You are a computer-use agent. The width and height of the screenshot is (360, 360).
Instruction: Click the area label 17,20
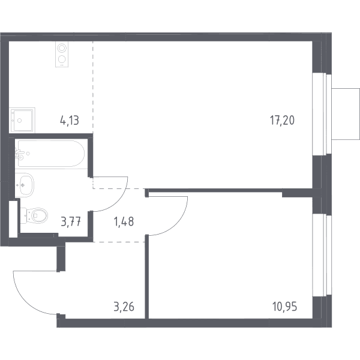click(282, 121)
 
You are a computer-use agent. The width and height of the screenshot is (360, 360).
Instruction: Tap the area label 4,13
click(70, 121)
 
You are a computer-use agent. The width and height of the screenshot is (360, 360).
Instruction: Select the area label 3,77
click(71, 222)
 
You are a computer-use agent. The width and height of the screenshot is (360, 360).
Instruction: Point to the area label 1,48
click(124, 222)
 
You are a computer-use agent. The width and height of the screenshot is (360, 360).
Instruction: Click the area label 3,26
click(124, 307)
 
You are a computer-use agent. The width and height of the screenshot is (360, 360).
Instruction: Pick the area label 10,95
click(284, 307)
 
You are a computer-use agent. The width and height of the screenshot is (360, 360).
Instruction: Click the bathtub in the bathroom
click(51, 154)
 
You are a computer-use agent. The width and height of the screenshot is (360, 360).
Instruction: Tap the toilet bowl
click(34, 215)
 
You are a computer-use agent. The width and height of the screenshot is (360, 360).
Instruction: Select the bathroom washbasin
click(25, 185)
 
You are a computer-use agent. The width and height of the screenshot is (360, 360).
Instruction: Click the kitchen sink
click(22, 120)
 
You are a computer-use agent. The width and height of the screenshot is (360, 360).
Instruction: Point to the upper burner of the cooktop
click(62, 48)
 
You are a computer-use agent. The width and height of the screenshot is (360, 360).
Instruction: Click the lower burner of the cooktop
click(62, 59)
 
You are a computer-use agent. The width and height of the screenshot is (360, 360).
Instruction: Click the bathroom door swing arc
click(118, 201)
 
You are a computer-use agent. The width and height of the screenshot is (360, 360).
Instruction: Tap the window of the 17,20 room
click(322, 114)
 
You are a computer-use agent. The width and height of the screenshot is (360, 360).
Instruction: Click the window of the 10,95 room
click(322, 256)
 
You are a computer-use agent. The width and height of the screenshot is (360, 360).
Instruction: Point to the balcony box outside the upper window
click(346, 114)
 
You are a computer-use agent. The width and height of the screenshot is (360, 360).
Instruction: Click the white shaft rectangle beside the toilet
click(13, 219)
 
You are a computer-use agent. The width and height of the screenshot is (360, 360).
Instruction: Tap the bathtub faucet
click(19, 154)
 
